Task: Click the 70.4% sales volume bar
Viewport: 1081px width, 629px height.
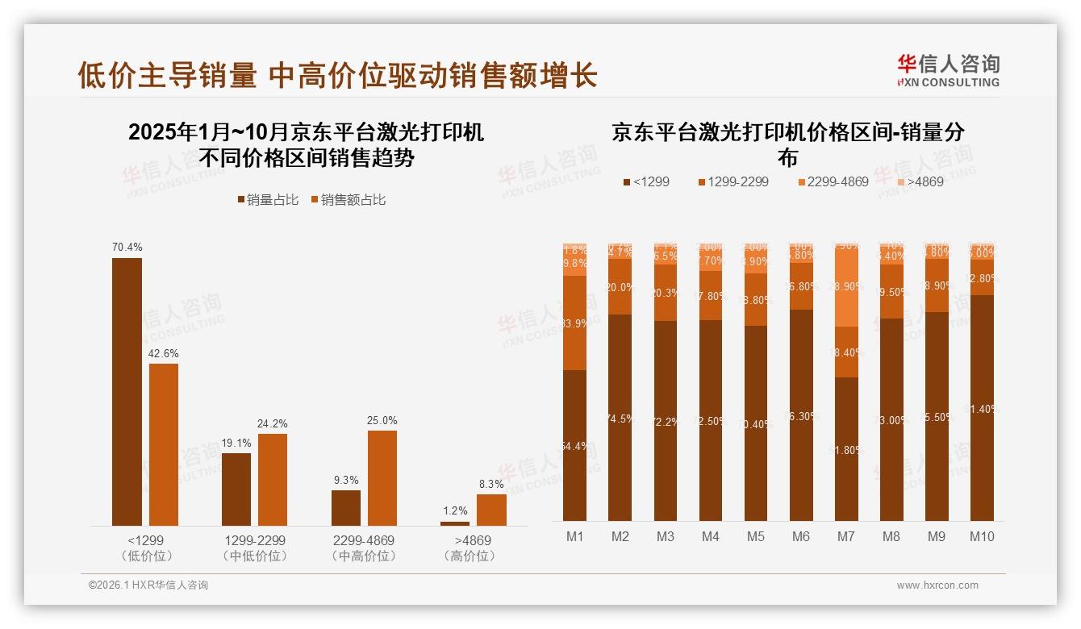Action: tap(127, 392)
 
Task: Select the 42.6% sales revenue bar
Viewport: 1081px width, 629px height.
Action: tap(164, 444)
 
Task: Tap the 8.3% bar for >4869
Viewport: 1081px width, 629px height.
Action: tap(491, 510)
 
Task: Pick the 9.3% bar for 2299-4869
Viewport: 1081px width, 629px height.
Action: tap(345, 508)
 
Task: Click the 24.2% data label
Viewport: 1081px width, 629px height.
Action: tap(273, 424)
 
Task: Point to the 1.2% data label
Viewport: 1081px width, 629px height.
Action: tap(455, 510)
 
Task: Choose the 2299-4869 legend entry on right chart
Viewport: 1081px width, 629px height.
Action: tap(833, 182)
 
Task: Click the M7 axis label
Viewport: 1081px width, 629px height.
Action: tap(845, 537)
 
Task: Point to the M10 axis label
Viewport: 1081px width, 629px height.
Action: tap(981, 537)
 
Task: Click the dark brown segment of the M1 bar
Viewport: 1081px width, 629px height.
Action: tap(575, 445)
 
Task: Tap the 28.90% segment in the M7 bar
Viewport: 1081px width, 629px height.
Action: tap(845, 287)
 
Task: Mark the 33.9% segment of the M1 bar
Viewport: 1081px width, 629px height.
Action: tap(575, 323)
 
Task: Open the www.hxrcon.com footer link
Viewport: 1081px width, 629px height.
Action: tap(937, 585)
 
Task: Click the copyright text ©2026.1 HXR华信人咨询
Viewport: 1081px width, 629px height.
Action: tap(148, 585)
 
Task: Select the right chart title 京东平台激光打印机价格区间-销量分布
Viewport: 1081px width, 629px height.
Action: tap(787, 144)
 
